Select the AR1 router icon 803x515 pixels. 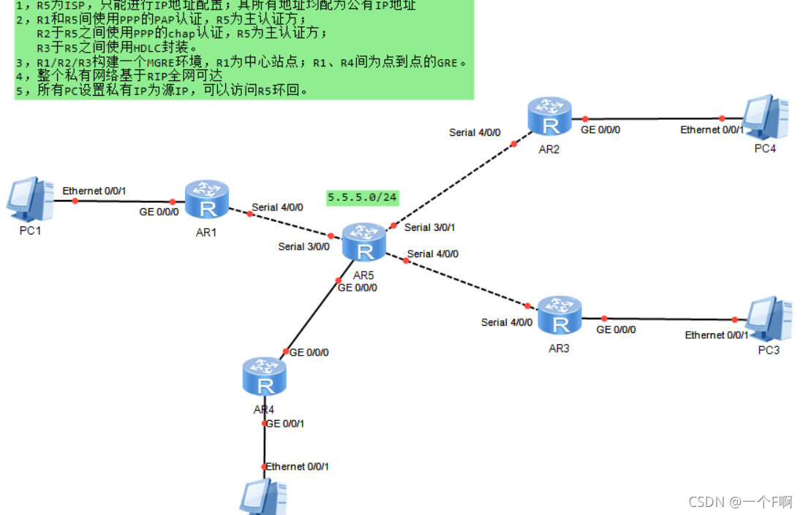click(207, 199)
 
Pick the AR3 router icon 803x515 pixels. click(559, 315)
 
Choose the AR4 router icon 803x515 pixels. click(264, 375)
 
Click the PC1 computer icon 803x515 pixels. click(29, 199)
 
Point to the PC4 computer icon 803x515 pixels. click(766, 117)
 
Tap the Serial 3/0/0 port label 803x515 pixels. click(304, 247)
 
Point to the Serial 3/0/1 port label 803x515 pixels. click(429, 227)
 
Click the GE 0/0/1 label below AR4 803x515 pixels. click(286, 424)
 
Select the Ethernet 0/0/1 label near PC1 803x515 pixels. click(94, 191)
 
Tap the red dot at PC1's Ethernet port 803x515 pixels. click(75, 199)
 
